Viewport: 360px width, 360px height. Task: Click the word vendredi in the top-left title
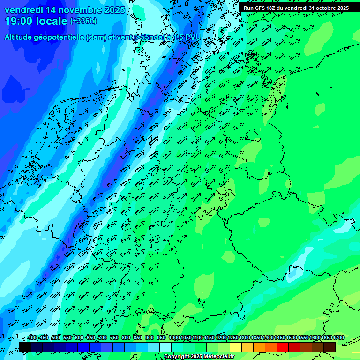(23, 10)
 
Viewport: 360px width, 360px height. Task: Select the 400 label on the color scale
(32, 338)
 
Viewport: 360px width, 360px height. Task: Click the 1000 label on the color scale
(174, 338)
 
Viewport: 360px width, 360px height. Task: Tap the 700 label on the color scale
(103, 338)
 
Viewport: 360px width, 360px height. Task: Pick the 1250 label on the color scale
(233, 338)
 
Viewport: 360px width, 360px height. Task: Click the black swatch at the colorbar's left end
(25, 347)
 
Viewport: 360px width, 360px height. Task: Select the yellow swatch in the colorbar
(236, 347)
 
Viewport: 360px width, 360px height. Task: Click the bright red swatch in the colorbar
(283, 347)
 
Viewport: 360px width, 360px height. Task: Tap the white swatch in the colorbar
(165, 347)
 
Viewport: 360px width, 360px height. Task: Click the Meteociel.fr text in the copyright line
(217, 357)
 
